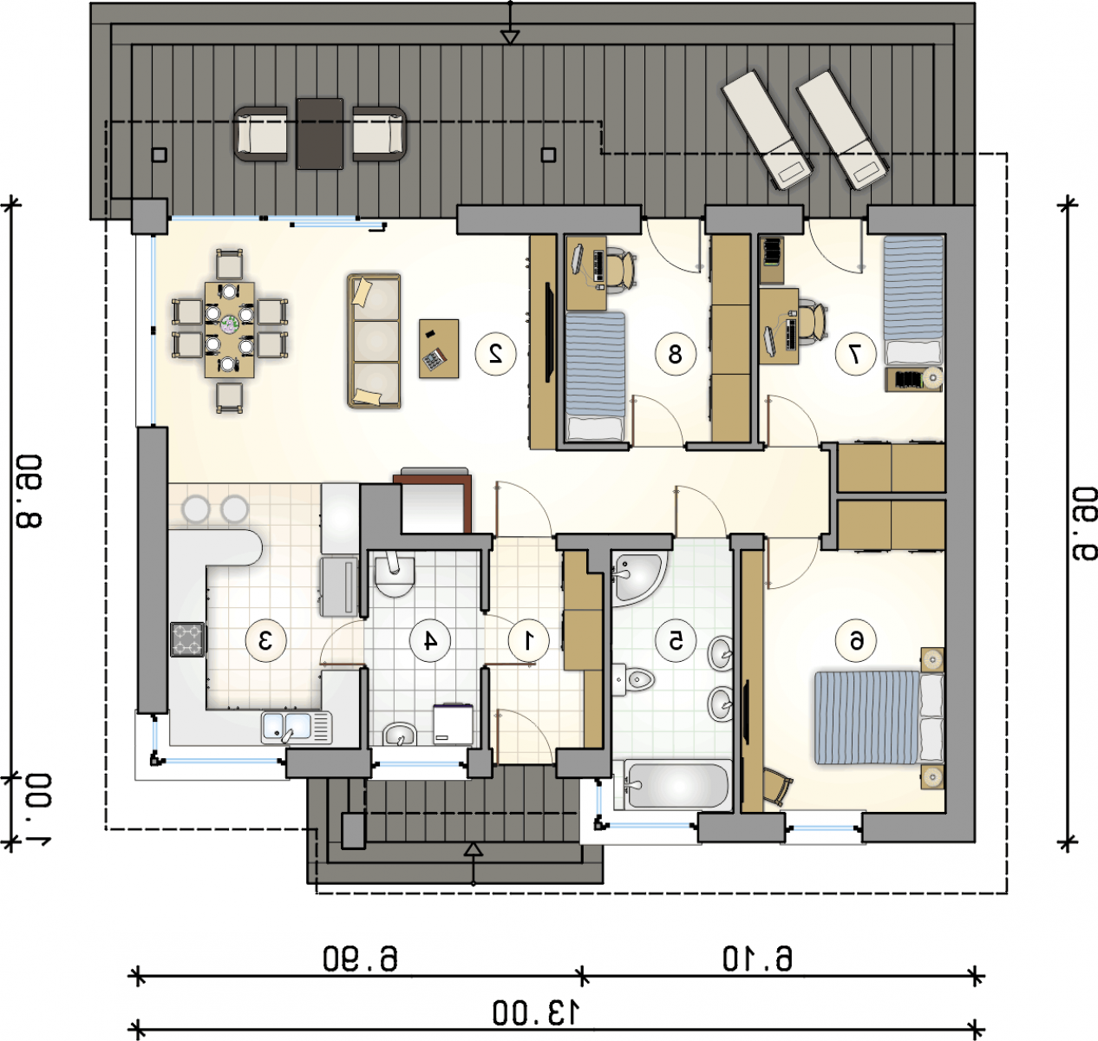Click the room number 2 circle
[495, 354]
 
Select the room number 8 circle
[676, 354]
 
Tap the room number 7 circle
[856, 354]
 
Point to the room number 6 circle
[856, 641]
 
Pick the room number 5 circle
[676, 641]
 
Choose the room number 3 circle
[266, 641]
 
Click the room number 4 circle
[430, 641]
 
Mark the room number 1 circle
[528, 641]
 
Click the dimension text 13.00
[536, 1012]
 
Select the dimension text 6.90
[360, 959]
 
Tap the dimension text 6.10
[758, 959]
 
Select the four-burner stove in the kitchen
[187, 639]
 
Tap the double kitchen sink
[296, 727]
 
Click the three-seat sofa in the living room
[374, 341]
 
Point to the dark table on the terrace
[320, 134]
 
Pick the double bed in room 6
[879, 718]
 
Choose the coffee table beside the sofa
[439, 349]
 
